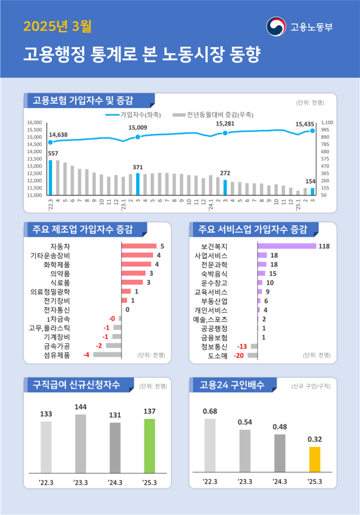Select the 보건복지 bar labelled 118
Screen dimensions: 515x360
[x=286, y=246]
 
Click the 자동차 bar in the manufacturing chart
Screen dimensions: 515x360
[x=139, y=246]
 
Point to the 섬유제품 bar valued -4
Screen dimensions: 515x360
[x=107, y=355]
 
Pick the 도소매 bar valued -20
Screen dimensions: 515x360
[x=252, y=355]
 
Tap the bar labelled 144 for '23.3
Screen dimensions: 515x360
[x=80, y=442]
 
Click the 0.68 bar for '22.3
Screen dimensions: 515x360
[x=210, y=445]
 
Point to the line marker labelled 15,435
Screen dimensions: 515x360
[x=312, y=131]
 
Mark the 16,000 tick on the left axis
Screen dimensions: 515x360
[x=35, y=122]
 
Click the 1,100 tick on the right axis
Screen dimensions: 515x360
[x=327, y=122]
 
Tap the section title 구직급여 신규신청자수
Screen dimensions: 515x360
[x=76, y=385]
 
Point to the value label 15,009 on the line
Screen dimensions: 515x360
[x=138, y=128]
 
